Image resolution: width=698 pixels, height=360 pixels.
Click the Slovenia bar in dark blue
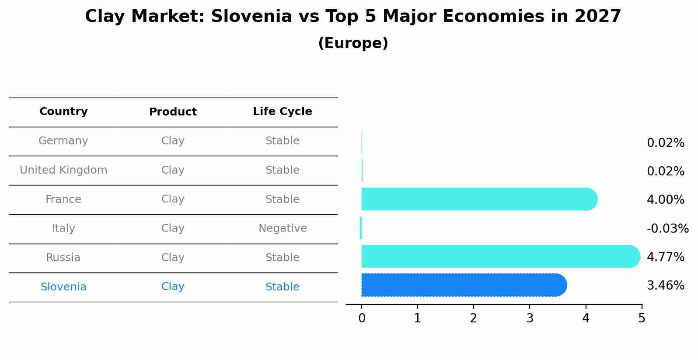pyautogui.click(x=464, y=285)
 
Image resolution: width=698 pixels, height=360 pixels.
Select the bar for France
pyautogui.click(x=479, y=199)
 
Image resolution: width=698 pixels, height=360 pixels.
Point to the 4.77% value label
pyautogui.click(x=665, y=257)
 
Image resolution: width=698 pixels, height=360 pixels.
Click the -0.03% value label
pyautogui.click(x=667, y=229)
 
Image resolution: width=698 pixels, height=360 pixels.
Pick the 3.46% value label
pyautogui.click(x=665, y=286)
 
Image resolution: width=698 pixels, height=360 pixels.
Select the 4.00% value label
pyautogui.click(x=665, y=200)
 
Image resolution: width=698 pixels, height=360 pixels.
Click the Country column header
pyautogui.click(x=63, y=112)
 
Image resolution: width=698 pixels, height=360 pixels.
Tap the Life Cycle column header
pyautogui.click(x=282, y=112)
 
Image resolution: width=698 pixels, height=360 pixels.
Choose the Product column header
pyautogui.click(x=173, y=112)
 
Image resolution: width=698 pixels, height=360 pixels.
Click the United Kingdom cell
pyautogui.click(x=63, y=170)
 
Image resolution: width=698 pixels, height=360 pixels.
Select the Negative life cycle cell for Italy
pyautogui.click(x=283, y=228)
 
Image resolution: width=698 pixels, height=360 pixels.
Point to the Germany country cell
pyautogui.click(x=63, y=141)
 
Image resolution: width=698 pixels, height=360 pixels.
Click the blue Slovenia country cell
pyautogui.click(x=63, y=287)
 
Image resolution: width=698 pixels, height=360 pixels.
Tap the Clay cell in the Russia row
pyautogui.click(x=173, y=258)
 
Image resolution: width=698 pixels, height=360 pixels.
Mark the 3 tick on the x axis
pyautogui.click(x=530, y=318)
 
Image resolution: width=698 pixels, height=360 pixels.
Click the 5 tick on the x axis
pyautogui.click(x=642, y=318)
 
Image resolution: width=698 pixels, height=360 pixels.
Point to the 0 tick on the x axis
pyautogui.click(x=362, y=318)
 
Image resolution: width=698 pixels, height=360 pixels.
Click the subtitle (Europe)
pyautogui.click(x=353, y=43)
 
